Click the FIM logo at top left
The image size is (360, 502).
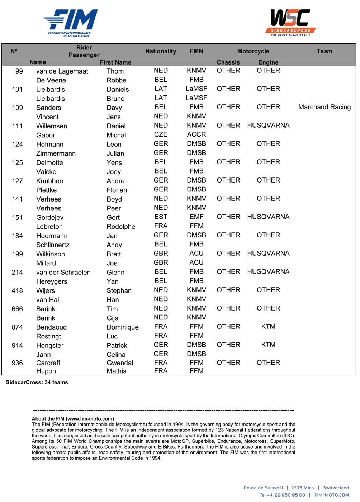[71, 23]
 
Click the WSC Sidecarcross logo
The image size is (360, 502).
[290, 23]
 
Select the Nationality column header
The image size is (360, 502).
[161, 51]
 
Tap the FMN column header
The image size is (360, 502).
[196, 51]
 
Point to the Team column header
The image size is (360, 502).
[324, 51]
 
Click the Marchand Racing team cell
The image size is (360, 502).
[324, 107]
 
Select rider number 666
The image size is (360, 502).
[17, 309]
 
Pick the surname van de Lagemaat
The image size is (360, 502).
[62, 71]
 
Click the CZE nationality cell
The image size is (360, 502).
[161, 134]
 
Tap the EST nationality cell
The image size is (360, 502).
[161, 217]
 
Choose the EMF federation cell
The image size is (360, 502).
[196, 217]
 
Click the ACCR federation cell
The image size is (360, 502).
[196, 134]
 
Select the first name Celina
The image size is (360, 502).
[116, 355]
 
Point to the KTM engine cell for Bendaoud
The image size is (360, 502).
[268, 327]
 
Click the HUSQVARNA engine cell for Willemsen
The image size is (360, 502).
[268, 126]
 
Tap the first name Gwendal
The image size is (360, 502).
[120, 363]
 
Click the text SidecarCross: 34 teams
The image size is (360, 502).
[37, 382]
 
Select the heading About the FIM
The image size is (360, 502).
[73, 418]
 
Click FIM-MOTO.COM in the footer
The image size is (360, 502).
[331, 495]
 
